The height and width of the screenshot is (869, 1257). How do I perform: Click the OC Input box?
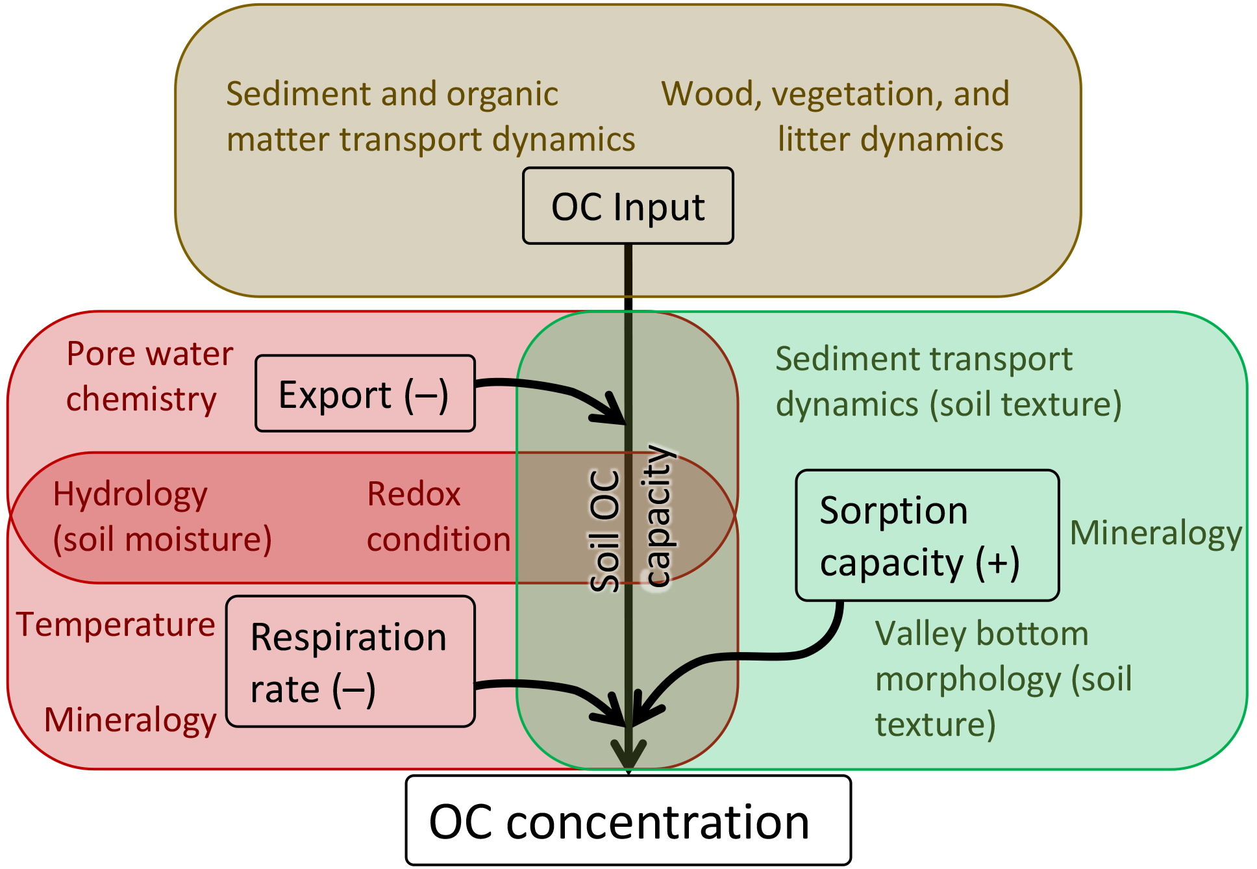pos(628,207)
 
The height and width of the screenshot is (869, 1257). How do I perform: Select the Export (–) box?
pos(365,394)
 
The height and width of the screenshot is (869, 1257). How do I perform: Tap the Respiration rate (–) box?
pos(351,662)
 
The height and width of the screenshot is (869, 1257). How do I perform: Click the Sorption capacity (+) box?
pos(927,536)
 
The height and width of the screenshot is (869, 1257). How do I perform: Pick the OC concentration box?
pos(628,821)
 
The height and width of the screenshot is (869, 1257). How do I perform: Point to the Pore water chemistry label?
pos(149,376)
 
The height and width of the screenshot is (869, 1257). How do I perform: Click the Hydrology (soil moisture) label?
pos(162,517)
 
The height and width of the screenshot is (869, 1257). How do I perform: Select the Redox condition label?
pos(438,517)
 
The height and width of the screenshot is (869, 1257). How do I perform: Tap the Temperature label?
pos(116,625)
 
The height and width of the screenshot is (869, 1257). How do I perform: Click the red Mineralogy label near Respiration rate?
pos(130,720)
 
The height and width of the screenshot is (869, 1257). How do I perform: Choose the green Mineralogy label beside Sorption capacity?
pos(1156,534)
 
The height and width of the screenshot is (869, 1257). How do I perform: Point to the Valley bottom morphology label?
pos(1003,679)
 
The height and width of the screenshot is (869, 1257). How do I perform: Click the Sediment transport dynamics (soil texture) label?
pos(948,382)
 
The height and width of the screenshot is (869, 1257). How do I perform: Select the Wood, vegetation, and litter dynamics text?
pos(836,117)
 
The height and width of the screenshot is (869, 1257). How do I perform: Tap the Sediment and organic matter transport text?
pos(430,117)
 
